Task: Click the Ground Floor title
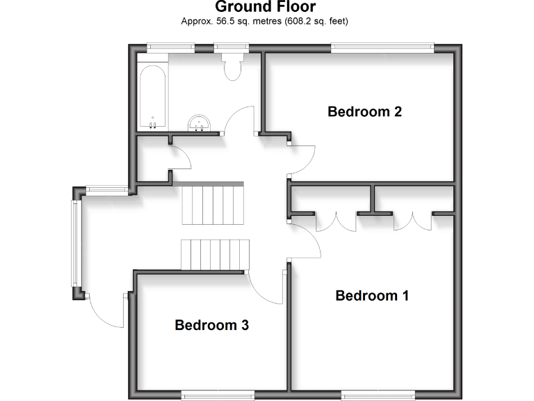click(265, 8)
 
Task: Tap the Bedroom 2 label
click(365, 111)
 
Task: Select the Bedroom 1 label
click(372, 296)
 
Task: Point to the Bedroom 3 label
click(211, 325)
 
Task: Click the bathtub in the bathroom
click(152, 96)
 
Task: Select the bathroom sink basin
click(200, 123)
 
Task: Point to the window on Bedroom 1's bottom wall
click(378, 395)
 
